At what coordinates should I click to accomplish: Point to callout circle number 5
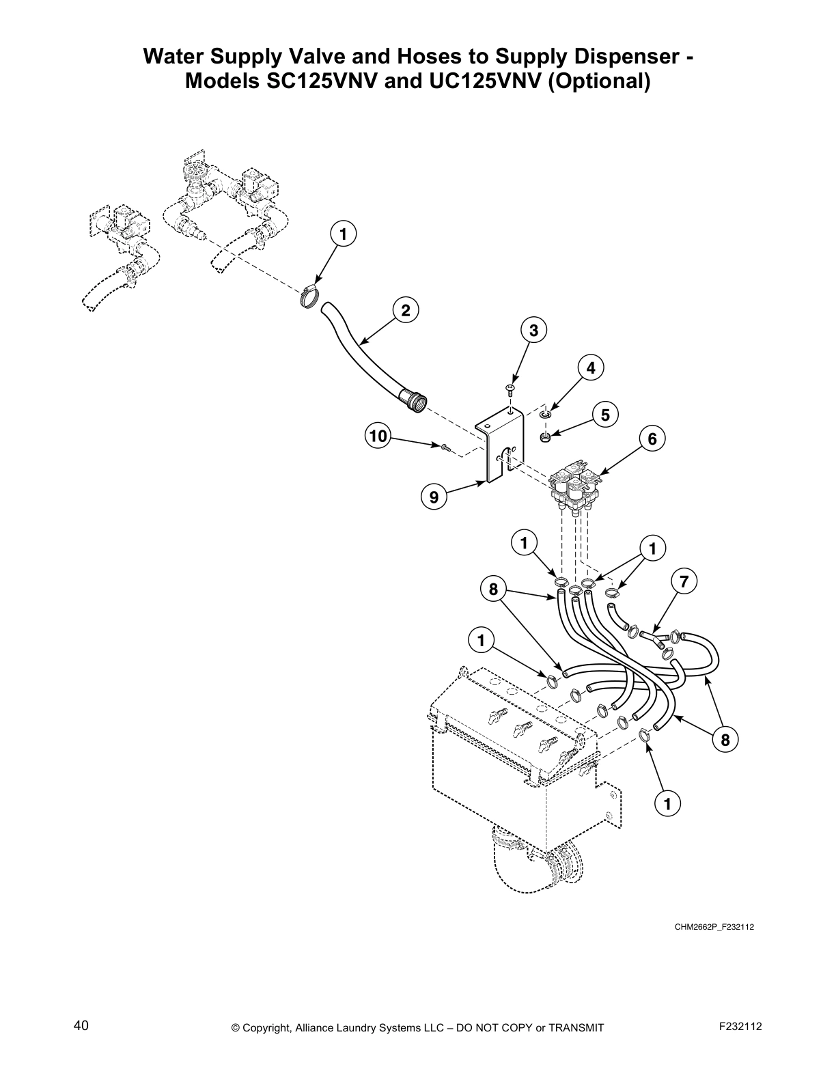tap(605, 415)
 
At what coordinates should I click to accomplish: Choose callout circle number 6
tap(652, 439)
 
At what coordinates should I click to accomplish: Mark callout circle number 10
tap(378, 436)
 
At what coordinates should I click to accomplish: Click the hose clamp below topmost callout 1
tap(311, 296)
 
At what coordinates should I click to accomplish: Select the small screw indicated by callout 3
tap(510, 389)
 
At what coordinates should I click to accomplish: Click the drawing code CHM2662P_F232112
tap(714, 927)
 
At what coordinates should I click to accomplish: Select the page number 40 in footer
tap(81, 1025)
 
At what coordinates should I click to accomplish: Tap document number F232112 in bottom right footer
tap(741, 1026)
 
